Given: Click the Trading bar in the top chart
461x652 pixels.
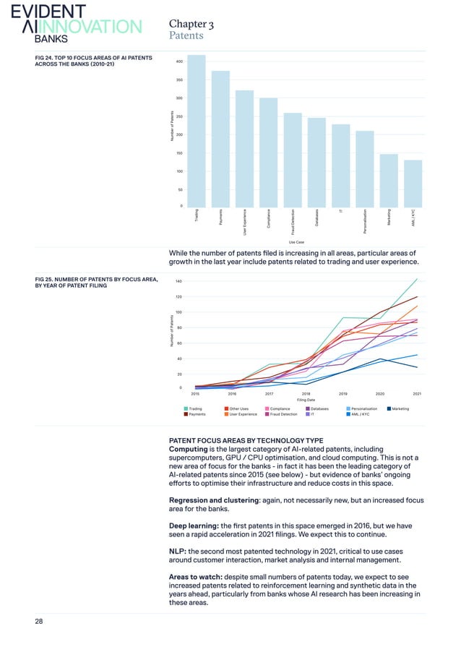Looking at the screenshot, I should click(197, 131).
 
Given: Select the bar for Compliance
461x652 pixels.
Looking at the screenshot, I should click(269, 152).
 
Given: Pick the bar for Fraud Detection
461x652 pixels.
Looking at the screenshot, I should click(293, 160).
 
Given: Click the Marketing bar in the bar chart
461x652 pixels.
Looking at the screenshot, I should click(389, 180).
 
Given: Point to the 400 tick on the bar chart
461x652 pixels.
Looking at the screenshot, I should click(178, 61).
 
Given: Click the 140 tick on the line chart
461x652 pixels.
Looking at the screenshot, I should click(178, 281).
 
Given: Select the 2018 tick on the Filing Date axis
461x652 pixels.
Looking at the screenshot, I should click(306, 393).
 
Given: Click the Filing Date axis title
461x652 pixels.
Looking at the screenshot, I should click(306, 400).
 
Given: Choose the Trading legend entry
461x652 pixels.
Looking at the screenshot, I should click(195, 409).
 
